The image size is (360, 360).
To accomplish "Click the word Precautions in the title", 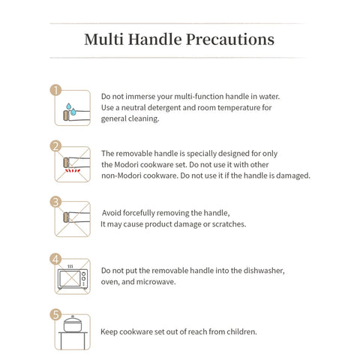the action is point(230,40).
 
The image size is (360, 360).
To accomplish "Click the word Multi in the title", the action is point(103,39).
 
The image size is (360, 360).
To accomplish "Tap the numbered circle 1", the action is point(55,90).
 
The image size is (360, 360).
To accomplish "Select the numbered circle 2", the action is point(55,146).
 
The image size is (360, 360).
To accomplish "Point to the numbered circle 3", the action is point(55,202).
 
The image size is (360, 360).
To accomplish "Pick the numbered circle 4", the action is point(55,259).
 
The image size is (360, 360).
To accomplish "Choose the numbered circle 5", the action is point(55,315).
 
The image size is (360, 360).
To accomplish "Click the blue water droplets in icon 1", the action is point(71,109).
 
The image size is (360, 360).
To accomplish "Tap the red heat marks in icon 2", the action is point(73,170).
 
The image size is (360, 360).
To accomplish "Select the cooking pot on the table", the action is point(73,324).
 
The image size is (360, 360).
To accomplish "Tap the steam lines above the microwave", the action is point(70,266).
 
